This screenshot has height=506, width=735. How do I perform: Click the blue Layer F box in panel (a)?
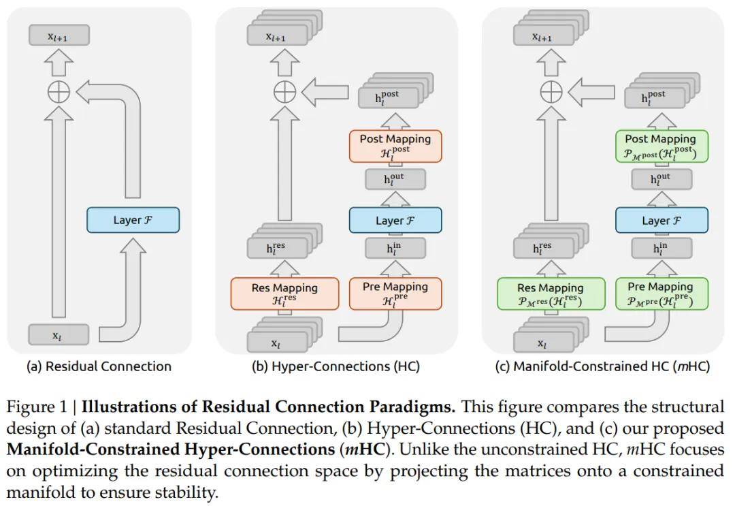133,220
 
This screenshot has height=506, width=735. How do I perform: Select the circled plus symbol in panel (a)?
59,91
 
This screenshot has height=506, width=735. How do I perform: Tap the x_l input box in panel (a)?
59,335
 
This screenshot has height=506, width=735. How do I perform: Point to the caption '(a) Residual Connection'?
99,366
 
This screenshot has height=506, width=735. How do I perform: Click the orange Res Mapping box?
284,294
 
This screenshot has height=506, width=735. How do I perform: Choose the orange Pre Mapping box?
395,293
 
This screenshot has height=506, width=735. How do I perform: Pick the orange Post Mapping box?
395,146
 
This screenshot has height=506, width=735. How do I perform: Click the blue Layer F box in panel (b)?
395,220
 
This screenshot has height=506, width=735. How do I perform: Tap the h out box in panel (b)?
395,180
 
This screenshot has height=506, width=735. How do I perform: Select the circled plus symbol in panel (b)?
284,91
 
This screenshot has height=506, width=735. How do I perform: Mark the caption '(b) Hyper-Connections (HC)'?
336,366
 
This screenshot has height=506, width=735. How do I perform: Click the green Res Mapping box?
551,294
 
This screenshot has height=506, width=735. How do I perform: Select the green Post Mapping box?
660,146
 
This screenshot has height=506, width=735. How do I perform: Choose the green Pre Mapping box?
660,293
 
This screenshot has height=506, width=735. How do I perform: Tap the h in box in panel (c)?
660,249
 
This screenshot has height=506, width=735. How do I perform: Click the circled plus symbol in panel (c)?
551,91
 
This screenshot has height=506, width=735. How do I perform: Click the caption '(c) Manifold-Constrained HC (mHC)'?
602,366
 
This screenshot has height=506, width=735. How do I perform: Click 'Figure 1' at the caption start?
37,408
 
